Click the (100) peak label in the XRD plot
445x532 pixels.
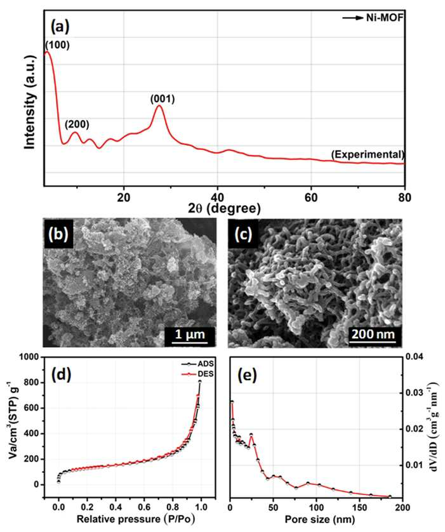[58, 45]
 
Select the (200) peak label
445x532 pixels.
[77, 124]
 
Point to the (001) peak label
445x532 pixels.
[163, 99]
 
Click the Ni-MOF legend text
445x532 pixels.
[385, 18]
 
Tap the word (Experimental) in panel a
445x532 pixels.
[368, 155]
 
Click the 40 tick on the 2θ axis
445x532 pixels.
[217, 197]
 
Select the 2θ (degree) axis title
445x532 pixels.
[224, 208]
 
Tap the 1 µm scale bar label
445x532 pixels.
[190, 335]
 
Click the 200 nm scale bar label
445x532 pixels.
[373, 335]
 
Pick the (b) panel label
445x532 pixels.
[58, 234]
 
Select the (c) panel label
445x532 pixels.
[243, 234]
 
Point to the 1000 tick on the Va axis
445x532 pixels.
[30, 357]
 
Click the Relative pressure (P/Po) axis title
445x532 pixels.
[136, 519]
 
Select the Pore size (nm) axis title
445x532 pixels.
[320, 519]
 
